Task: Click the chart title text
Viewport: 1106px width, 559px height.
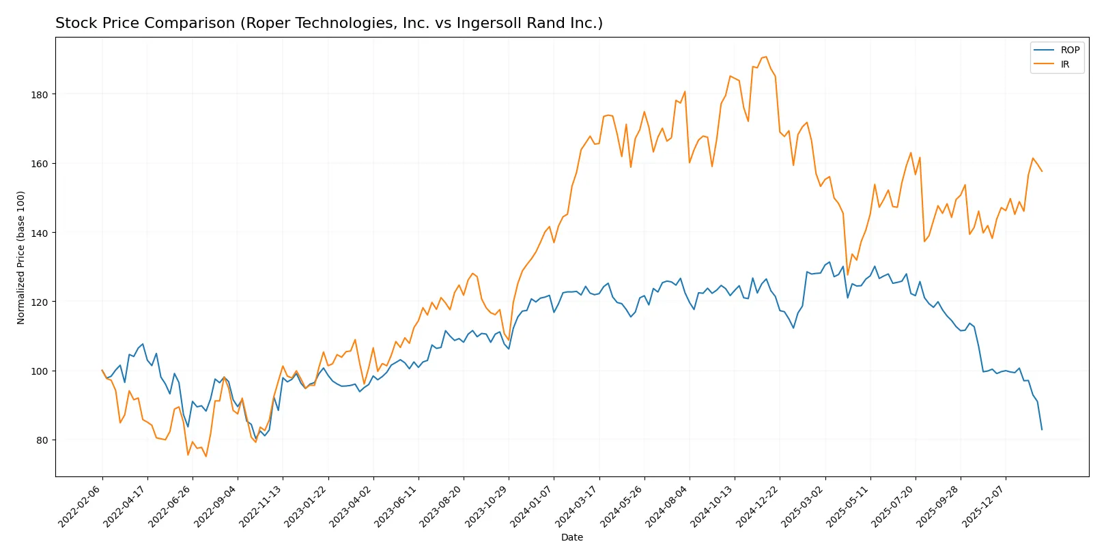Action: [328, 23]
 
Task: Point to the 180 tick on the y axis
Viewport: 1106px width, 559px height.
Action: [40, 95]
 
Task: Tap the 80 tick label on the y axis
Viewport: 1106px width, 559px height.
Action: [42, 440]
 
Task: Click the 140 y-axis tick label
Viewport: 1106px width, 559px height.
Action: [40, 233]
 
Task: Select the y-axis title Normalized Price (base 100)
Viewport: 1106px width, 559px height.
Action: [21, 257]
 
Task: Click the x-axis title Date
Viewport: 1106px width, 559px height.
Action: [571, 537]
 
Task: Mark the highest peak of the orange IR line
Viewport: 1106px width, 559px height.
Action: [766, 57]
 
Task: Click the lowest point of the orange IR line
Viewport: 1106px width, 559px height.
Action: [206, 456]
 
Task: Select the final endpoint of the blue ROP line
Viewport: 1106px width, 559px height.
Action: [1042, 429]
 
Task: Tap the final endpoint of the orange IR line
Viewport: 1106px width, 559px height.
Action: [1042, 171]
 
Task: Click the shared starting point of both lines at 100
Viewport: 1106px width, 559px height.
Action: [102, 371]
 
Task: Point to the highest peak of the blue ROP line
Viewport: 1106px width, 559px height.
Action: [829, 262]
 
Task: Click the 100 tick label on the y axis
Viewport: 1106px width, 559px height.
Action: [40, 371]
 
